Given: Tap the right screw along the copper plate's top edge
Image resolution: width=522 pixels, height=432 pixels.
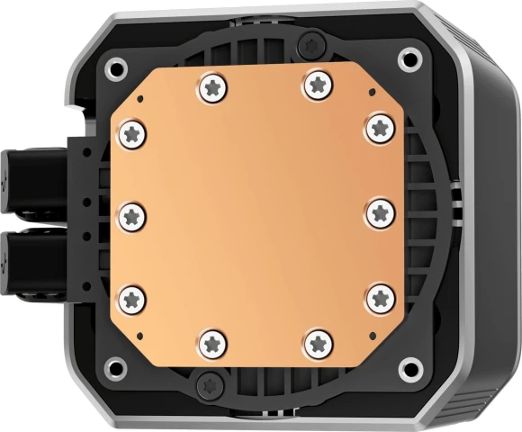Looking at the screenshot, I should click(316, 84).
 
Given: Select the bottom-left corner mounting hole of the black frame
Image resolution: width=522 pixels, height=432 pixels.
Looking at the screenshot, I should click(113, 366).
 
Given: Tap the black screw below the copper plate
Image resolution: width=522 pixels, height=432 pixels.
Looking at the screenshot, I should click(207, 381).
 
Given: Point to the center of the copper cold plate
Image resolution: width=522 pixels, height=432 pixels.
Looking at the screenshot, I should click(256, 213).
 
